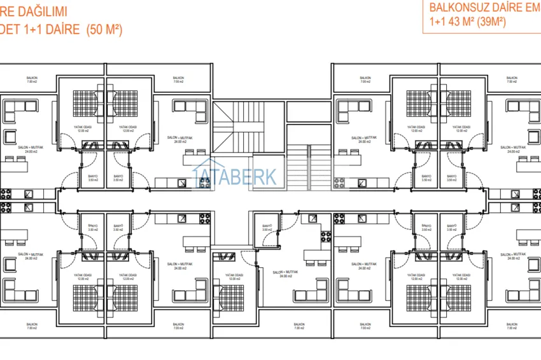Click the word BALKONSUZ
(457, 8)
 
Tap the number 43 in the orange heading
(454, 22)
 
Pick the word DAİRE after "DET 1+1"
(61, 29)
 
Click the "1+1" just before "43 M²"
(437, 22)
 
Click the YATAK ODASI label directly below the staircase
(234, 279)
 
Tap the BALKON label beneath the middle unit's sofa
(299, 324)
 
